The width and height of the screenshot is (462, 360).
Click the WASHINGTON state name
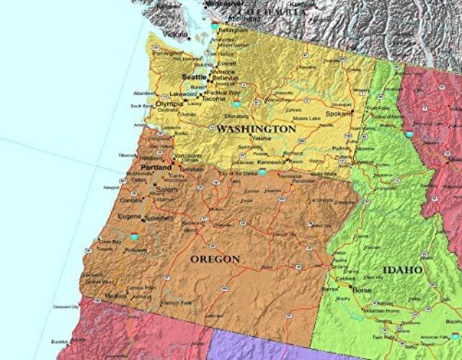click(256, 129)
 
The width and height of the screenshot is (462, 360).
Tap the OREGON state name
click(215, 258)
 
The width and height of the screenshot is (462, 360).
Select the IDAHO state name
click(403, 270)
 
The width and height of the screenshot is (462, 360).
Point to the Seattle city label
click(193, 76)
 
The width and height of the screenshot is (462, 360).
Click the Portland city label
click(156, 167)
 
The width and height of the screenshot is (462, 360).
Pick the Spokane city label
click(338, 114)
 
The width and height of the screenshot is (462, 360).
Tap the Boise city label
click(363, 290)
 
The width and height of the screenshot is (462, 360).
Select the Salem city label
click(166, 189)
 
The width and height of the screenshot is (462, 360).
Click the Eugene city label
click(130, 216)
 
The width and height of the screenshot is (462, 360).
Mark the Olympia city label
click(169, 104)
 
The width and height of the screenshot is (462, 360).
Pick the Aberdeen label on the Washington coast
click(144, 93)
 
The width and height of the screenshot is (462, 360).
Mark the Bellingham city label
click(231, 32)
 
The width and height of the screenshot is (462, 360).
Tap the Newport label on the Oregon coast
click(112, 187)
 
